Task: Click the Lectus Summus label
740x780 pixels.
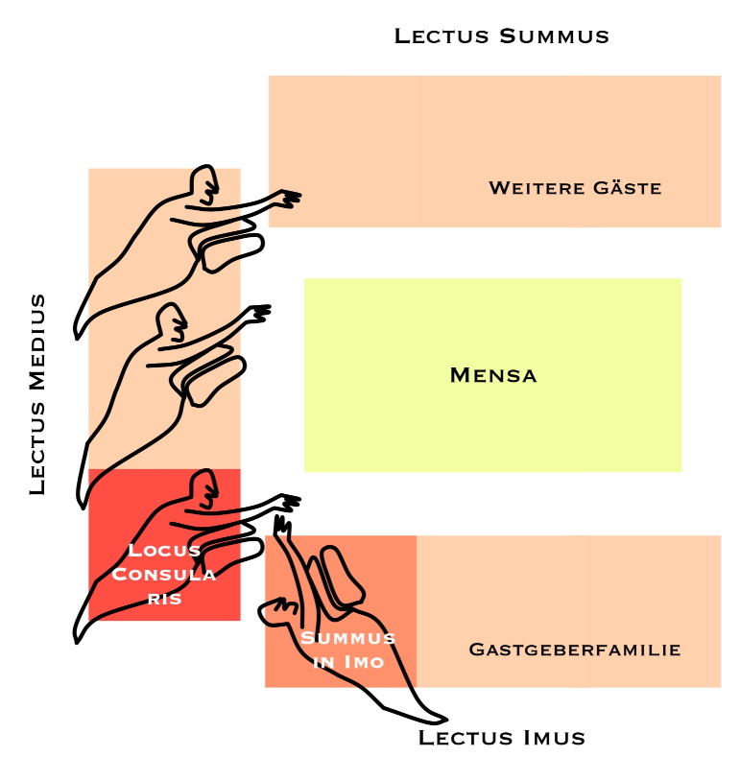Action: [x=501, y=36]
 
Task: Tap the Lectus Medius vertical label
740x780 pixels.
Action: [x=37, y=394]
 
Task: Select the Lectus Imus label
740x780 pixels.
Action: [x=502, y=737]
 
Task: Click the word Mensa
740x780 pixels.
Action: [x=493, y=375]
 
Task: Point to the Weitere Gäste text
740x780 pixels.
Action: [x=575, y=188]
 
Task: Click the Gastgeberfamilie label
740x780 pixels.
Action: [x=575, y=650]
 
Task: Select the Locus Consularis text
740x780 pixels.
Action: [x=164, y=574]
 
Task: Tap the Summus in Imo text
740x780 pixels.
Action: [x=347, y=650]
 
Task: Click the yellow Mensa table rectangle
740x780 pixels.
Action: [x=492, y=375]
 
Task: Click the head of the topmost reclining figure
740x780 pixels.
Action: [x=204, y=184]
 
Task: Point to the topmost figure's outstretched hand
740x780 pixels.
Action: [x=289, y=198]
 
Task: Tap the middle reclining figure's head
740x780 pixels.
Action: [x=172, y=322]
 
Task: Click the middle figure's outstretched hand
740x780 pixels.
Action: [x=259, y=314]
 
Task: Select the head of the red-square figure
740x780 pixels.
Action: [x=204, y=488]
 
